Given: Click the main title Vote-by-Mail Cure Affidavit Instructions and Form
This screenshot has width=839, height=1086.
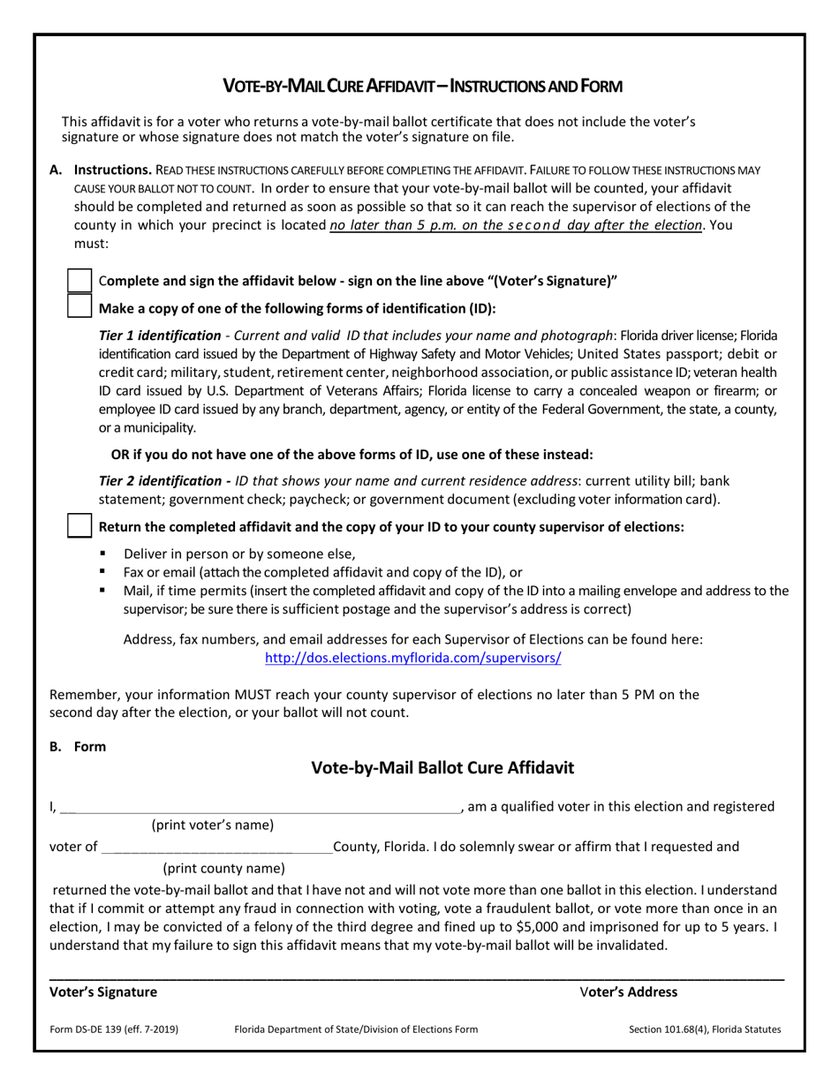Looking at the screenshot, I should [422, 86].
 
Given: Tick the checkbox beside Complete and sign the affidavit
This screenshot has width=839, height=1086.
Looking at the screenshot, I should [80, 281].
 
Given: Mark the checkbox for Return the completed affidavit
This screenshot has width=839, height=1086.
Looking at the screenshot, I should [80, 526].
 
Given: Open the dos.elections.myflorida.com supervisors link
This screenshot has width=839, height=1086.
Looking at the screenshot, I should [413, 658].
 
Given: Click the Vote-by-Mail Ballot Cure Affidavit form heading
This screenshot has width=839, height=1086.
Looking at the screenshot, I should [442, 768].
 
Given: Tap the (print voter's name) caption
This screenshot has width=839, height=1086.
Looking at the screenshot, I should [213, 826].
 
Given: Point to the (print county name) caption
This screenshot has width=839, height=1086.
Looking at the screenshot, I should [224, 868].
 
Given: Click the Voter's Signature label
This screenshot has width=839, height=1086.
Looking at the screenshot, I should [103, 992].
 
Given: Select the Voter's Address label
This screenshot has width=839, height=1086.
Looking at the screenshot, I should [629, 992].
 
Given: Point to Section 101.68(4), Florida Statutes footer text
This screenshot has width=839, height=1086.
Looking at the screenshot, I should [704, 1029].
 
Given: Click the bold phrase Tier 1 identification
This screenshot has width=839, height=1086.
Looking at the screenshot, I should [160, 336].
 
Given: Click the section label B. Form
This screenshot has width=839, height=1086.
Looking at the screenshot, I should [78, 746].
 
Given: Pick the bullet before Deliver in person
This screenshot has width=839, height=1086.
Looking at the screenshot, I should [103, 554].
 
